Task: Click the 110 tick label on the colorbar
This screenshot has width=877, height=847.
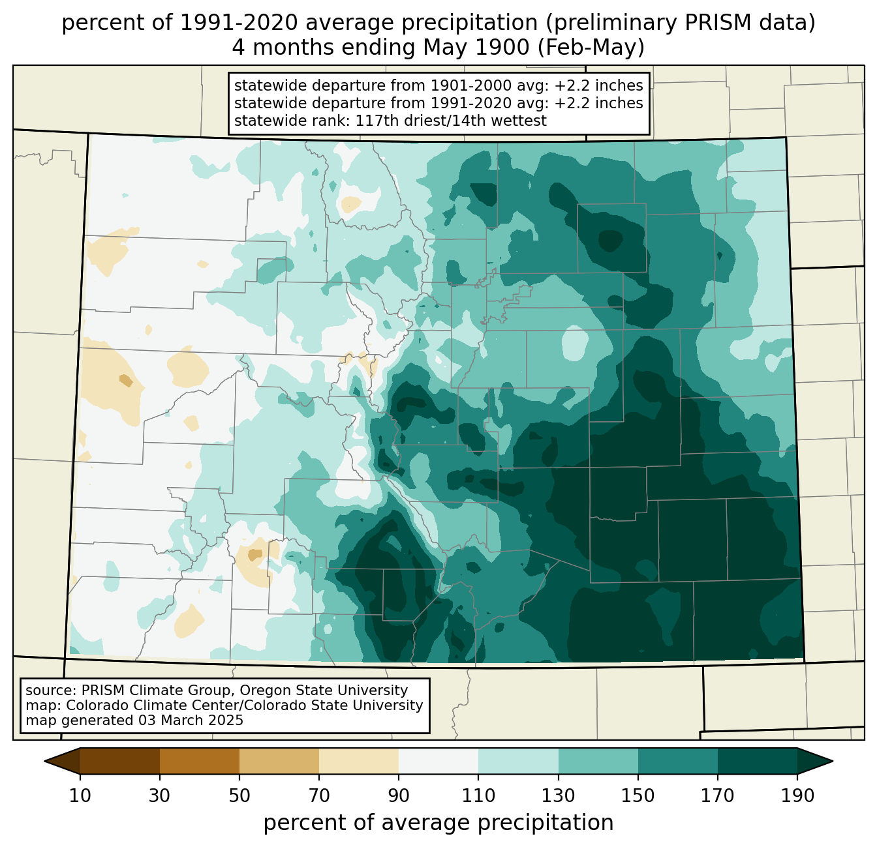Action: click(478, 795)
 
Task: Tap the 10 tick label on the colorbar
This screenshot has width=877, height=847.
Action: click(80, 795)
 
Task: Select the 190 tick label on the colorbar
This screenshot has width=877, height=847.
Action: click(797, 795)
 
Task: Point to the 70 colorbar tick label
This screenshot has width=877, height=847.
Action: click(319, 795)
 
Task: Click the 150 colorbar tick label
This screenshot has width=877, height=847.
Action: click(638, 795)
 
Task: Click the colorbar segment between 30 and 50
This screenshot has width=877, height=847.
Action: click(199, 761)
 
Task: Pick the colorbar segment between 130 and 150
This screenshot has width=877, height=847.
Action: click(598, 761)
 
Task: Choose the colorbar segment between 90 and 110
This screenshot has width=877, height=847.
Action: click(438, 761)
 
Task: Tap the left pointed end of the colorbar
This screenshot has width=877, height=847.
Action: click(44, 761)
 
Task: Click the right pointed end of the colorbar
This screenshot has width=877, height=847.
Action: click(833, 761)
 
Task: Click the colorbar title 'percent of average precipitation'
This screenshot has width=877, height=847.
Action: click(438, 823)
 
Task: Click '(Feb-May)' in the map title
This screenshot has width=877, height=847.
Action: click(591, 48)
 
